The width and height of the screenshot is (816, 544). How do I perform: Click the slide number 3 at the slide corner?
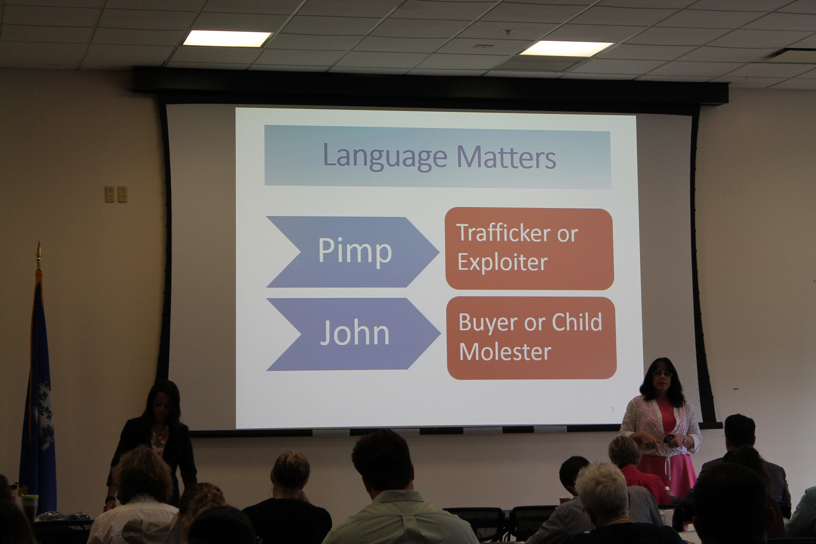click(x=612, y=409)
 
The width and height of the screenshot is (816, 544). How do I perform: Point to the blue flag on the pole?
click(x=38, y=392)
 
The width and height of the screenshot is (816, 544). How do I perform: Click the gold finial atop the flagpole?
click(x=39, y=255)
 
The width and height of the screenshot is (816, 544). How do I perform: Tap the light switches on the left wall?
click(x=116, y=194)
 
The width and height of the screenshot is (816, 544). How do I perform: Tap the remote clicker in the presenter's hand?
click(x=668, y=439)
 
